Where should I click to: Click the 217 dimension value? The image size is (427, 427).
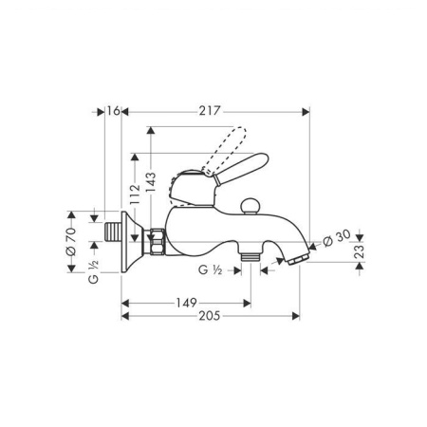[209, 111]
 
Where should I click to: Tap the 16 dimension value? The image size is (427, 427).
[113, 111]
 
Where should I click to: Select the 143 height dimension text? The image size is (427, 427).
[151, 182]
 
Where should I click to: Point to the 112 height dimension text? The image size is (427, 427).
[135, 195]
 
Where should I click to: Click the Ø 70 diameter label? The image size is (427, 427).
[71, 241]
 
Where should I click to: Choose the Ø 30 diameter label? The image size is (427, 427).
[337, 238]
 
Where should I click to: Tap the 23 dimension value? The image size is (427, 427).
[360, 251]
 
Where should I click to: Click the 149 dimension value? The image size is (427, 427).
[186, 303]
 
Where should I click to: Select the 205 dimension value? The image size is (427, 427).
[209, 316]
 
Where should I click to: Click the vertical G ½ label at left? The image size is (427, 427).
[94, 271]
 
